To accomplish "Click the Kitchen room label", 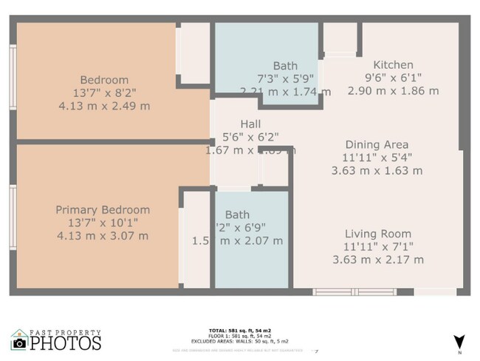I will coord(393,65).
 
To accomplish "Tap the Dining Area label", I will coord(377,144).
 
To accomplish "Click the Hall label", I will coord(250,124).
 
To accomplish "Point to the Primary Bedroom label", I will coord(103,210).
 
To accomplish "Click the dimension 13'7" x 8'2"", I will coord(114,92).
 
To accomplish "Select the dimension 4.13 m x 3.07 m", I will coord(103,236).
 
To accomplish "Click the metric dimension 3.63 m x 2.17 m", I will coord(378,260).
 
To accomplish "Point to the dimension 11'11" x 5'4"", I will coord(377,158).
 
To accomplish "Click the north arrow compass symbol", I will coord(459,342).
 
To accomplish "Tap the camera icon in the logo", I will coord(20,343).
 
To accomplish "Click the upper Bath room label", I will coord(285,66).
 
